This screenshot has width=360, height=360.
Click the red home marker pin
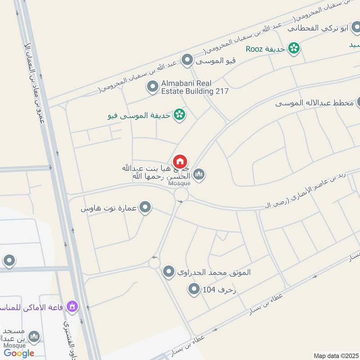[180, 162]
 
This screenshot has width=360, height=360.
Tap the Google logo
[19, 353]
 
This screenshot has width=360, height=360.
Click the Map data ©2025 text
[335, 355]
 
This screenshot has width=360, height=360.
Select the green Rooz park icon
[294, 48]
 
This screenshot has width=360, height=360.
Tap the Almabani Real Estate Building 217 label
[195, 87]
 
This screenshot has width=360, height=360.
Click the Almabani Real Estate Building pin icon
[153, 85]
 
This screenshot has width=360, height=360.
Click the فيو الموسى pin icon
[187, 59]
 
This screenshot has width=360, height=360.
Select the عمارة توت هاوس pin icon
[145, 208]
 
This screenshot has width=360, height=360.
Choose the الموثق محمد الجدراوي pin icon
[169, 271]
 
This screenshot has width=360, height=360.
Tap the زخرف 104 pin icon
[194, 289]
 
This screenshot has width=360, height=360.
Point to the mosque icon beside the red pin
[199, 174]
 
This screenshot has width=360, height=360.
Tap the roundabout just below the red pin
[181, 194]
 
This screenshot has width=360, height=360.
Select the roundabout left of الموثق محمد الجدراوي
[154, 262]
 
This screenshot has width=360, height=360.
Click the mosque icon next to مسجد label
[34, 337]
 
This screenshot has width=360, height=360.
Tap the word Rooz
[255, 49]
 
